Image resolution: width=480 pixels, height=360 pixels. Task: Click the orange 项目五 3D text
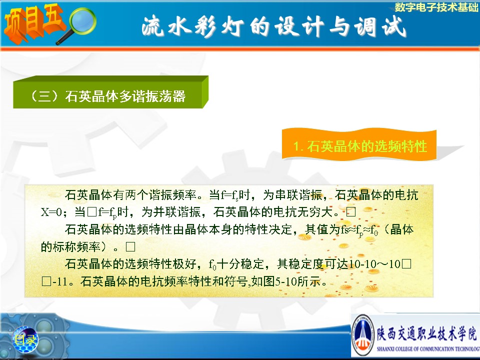point(33,23)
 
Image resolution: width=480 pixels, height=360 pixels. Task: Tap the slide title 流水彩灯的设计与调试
point(274,27)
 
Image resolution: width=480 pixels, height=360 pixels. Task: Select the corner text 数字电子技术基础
point(436,6)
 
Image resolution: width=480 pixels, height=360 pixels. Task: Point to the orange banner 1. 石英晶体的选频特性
point(359,145)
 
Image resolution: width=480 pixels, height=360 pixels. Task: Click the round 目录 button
point(25,339)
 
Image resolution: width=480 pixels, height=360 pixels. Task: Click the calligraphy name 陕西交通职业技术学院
point(427,333)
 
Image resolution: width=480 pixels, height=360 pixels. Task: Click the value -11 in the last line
point(59,281)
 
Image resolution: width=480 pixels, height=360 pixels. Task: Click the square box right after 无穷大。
point(351,212)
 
